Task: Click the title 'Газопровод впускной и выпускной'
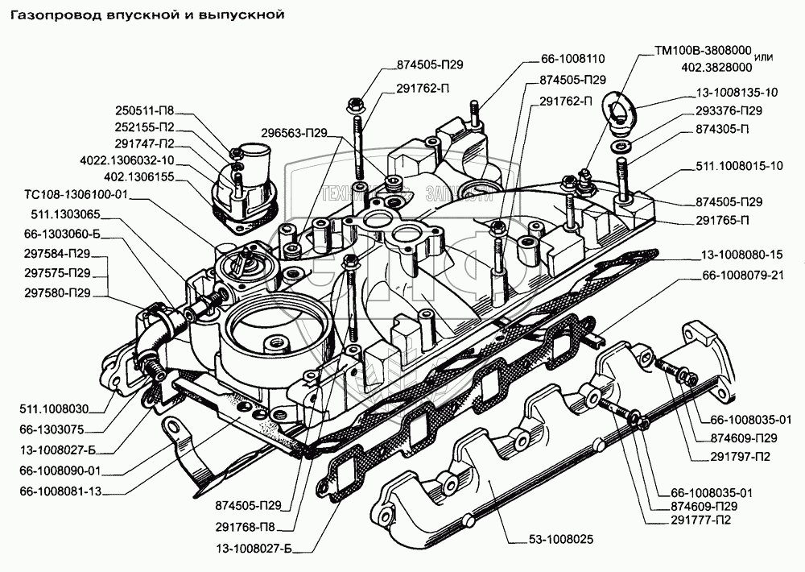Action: [x=147, y=15]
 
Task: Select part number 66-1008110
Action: [x=572, y=59]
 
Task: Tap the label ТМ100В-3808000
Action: [x=703, y=51]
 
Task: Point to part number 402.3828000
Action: [x=716, y=68]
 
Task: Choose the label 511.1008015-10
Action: [x=739, y=166]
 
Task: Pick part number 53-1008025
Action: [x=560, y=540]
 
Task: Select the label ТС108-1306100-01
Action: [x=76, y=195]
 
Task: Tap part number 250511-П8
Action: [x=144, y=110]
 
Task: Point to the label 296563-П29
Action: [x=294, y=133]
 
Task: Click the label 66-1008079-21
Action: [x=743, y=276]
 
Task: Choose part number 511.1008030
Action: [x=54, y=409]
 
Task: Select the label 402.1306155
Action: [x=138, y=176]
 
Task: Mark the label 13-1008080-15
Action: [x=742, y=255]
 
